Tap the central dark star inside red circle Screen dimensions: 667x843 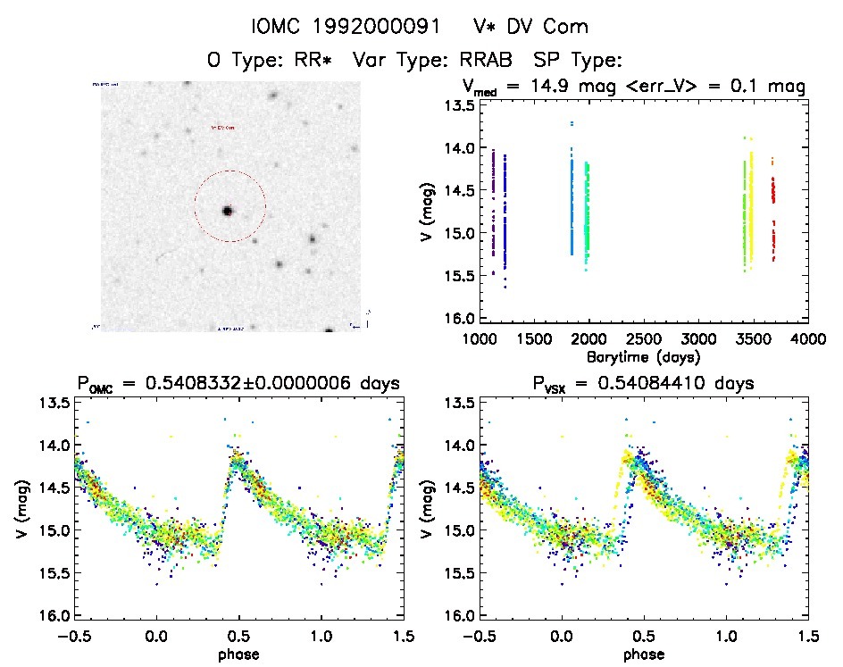227,211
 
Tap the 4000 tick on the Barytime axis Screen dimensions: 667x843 807,339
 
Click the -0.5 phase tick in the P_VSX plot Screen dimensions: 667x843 477,638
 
